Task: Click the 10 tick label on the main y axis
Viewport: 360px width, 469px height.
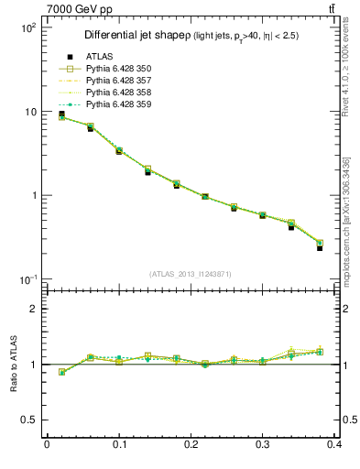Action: click(x=29, y=112)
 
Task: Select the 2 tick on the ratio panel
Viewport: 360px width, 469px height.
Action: click(x=33, y=309)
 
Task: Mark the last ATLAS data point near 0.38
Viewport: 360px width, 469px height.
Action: click(x=320, y=248)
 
